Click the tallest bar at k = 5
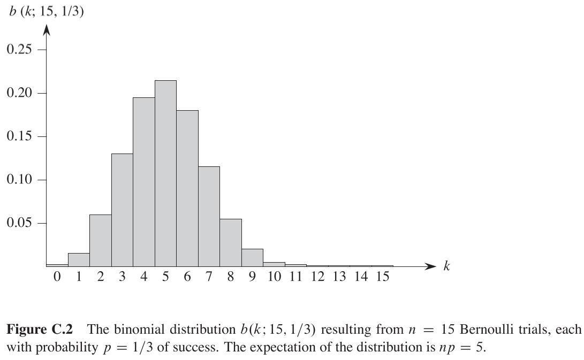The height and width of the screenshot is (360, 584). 165,173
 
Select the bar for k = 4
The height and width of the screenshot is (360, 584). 144,182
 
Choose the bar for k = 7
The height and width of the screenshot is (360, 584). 209,216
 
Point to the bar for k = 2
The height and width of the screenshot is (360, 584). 101,240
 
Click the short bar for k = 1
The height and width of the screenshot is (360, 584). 79,259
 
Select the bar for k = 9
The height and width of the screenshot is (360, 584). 252,257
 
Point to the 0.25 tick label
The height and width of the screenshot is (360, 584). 19,50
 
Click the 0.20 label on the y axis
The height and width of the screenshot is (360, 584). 19,93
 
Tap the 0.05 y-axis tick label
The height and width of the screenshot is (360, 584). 19,223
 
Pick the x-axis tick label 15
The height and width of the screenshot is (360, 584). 382,278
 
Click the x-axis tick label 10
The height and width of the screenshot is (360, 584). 274,278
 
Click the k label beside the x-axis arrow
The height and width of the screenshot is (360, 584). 446,266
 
